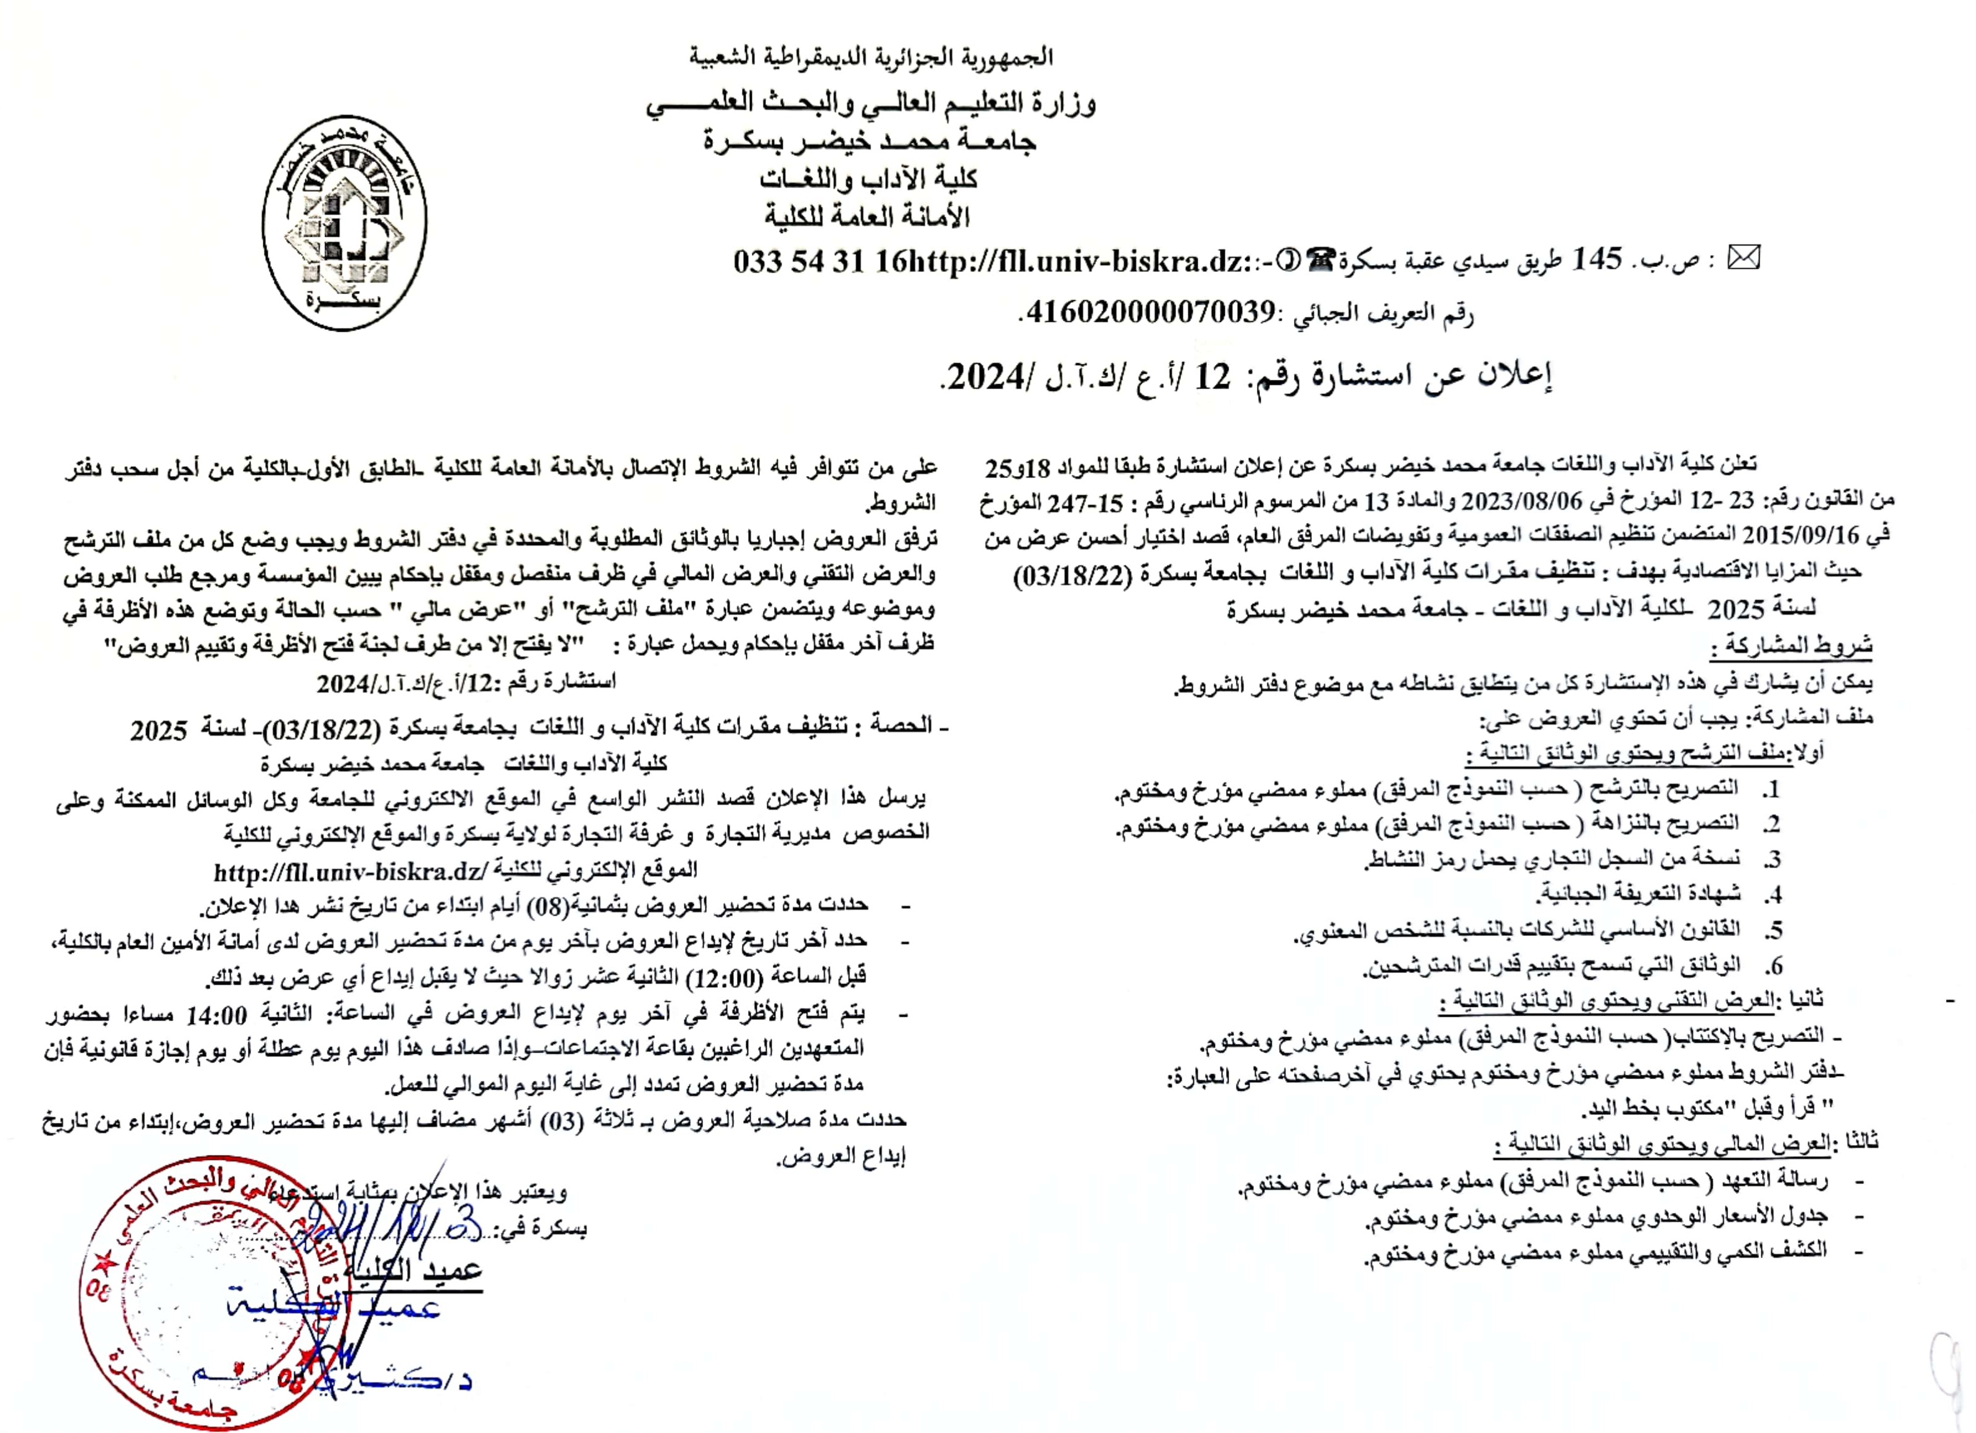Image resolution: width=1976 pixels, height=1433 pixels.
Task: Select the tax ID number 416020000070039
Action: (1150, 312)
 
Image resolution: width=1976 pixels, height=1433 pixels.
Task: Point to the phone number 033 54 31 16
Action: (819, 261)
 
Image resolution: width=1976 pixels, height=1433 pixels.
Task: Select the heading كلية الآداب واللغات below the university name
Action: (868, 179)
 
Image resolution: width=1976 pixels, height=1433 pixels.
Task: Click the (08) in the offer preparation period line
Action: (550, 908)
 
